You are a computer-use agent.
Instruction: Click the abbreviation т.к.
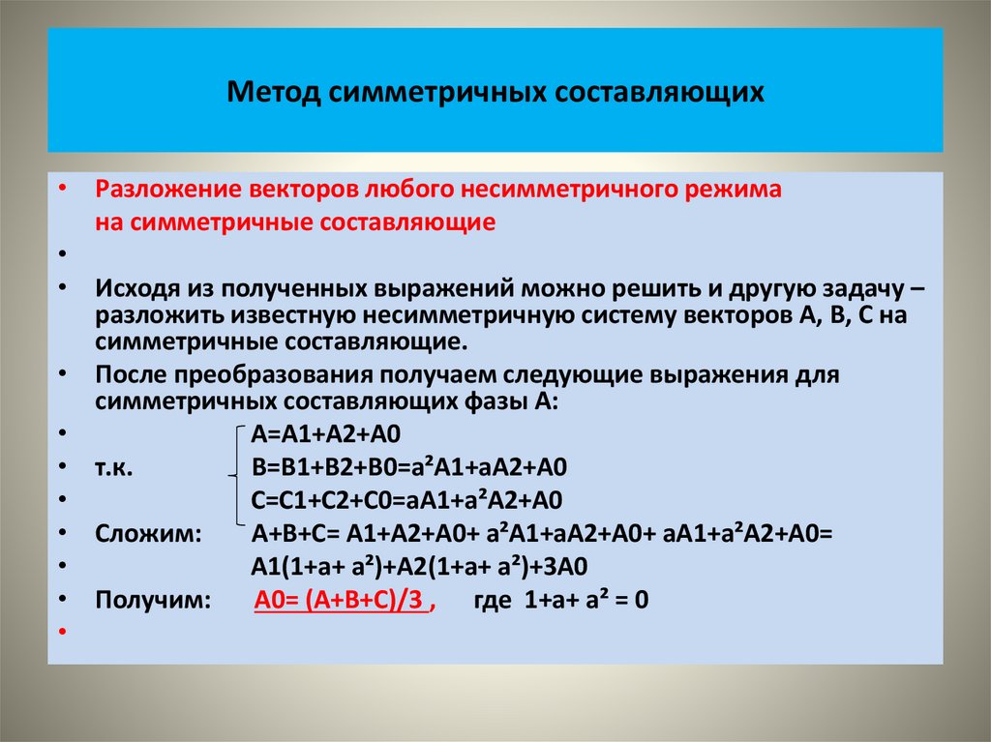(x=114, y=467)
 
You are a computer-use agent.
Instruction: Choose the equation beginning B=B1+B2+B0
(x=408, y=467)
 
